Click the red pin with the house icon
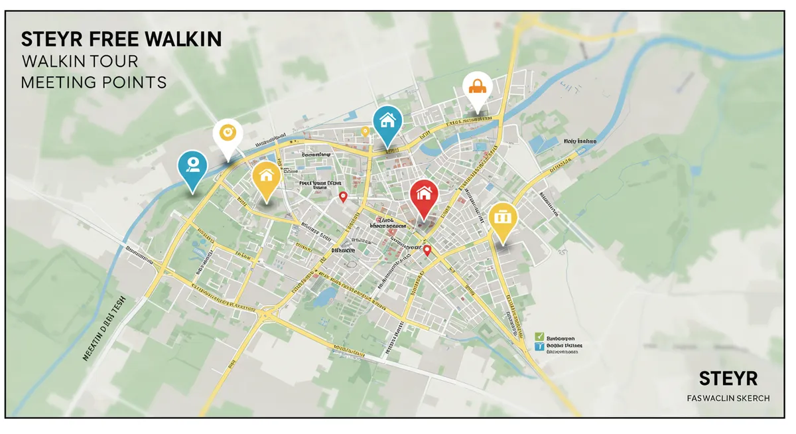pyautogui.click(x=423, y=194)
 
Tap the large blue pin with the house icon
pyautogui.click(x=387, y=121)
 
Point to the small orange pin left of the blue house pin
pyautogui.click(x=365, y=131)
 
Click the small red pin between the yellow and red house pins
pyautogui.click(x=343, y=196)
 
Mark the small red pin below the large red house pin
pyautogui.click(x=427, y=250)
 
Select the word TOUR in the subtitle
pyautogui.click(x=113, y=62)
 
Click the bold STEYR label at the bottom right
pyautogui.click(x=728, y=378)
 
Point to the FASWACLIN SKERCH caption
pyautogui.click(x=728, y=398)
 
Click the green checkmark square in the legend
pyautogui.click(x=539, y=337)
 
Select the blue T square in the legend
pyautogui.click(x=539, y=346)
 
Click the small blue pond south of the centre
pyautogui.click(x=324, y=296)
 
